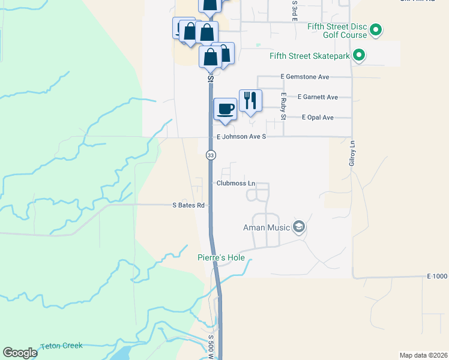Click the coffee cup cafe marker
click(225, 109)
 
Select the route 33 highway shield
click(211, 155)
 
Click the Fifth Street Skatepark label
click(309, 56)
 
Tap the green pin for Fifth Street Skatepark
click(359, 56)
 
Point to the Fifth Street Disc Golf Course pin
click(376, 30)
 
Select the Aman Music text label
click(266, 227)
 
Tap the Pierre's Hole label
click(222, 258)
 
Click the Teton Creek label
click(61, 346)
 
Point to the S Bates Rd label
click(189, 205)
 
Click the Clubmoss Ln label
click(236, 183)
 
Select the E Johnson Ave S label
click(241, 137)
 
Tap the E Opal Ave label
click(318, 118)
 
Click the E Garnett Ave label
click(318, 97)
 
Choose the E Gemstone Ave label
click(305, 77)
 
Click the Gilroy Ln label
click(352, 153)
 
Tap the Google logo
click(20, 353)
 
